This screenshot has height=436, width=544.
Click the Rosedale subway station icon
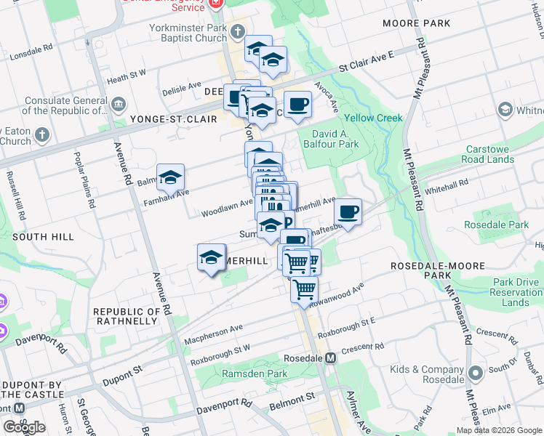coord(331,358)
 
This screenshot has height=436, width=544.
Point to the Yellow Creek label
coord(373,118)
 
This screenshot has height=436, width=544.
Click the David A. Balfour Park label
coord(335,139)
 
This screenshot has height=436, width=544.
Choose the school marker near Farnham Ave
coord(170,177)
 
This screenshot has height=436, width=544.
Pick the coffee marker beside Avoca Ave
coord(297,105)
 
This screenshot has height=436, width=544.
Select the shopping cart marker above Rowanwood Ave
coord(304,289)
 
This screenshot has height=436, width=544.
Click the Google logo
coord(24,427)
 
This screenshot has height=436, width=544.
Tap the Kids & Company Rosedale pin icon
coord(476,374)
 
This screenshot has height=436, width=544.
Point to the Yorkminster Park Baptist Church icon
coord(237,31)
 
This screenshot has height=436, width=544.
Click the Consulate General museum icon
coord(117,106)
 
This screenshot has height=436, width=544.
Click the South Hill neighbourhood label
coord(43,237)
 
